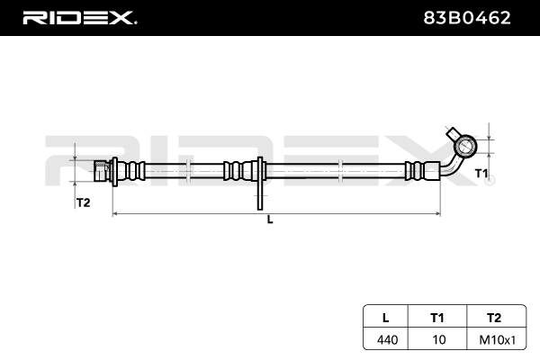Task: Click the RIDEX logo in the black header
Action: (x=80, y=18)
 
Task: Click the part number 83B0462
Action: (x=467, y=18)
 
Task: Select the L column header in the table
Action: (x=386, y=318)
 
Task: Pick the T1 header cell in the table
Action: (x=437, y=318)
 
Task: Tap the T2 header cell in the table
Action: (x=494, y=318)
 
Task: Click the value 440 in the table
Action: (x=387, y=340)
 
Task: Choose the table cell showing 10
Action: (x=439, y=339)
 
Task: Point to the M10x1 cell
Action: (x=498, y=340)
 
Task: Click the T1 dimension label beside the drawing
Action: (x=481, y=174)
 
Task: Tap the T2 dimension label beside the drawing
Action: (x=83, y=202)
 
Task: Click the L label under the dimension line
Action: (x=270, y=220)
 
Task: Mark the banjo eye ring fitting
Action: (x=465, y=146)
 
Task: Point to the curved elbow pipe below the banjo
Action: (x=452, y=166)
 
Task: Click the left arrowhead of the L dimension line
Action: (x=115, y=214)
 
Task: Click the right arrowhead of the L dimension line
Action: (x=438, y=214)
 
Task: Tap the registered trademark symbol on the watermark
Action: (x=491, y=180)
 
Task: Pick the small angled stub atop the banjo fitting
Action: (x=453, y=134)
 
